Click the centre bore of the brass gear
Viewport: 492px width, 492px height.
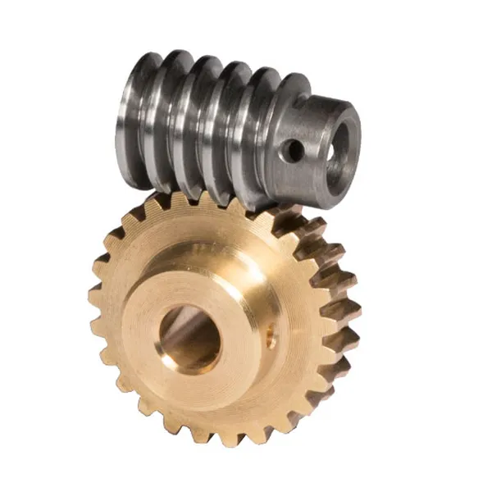[190, 335]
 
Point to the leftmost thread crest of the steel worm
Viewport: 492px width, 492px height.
[132, 115]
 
